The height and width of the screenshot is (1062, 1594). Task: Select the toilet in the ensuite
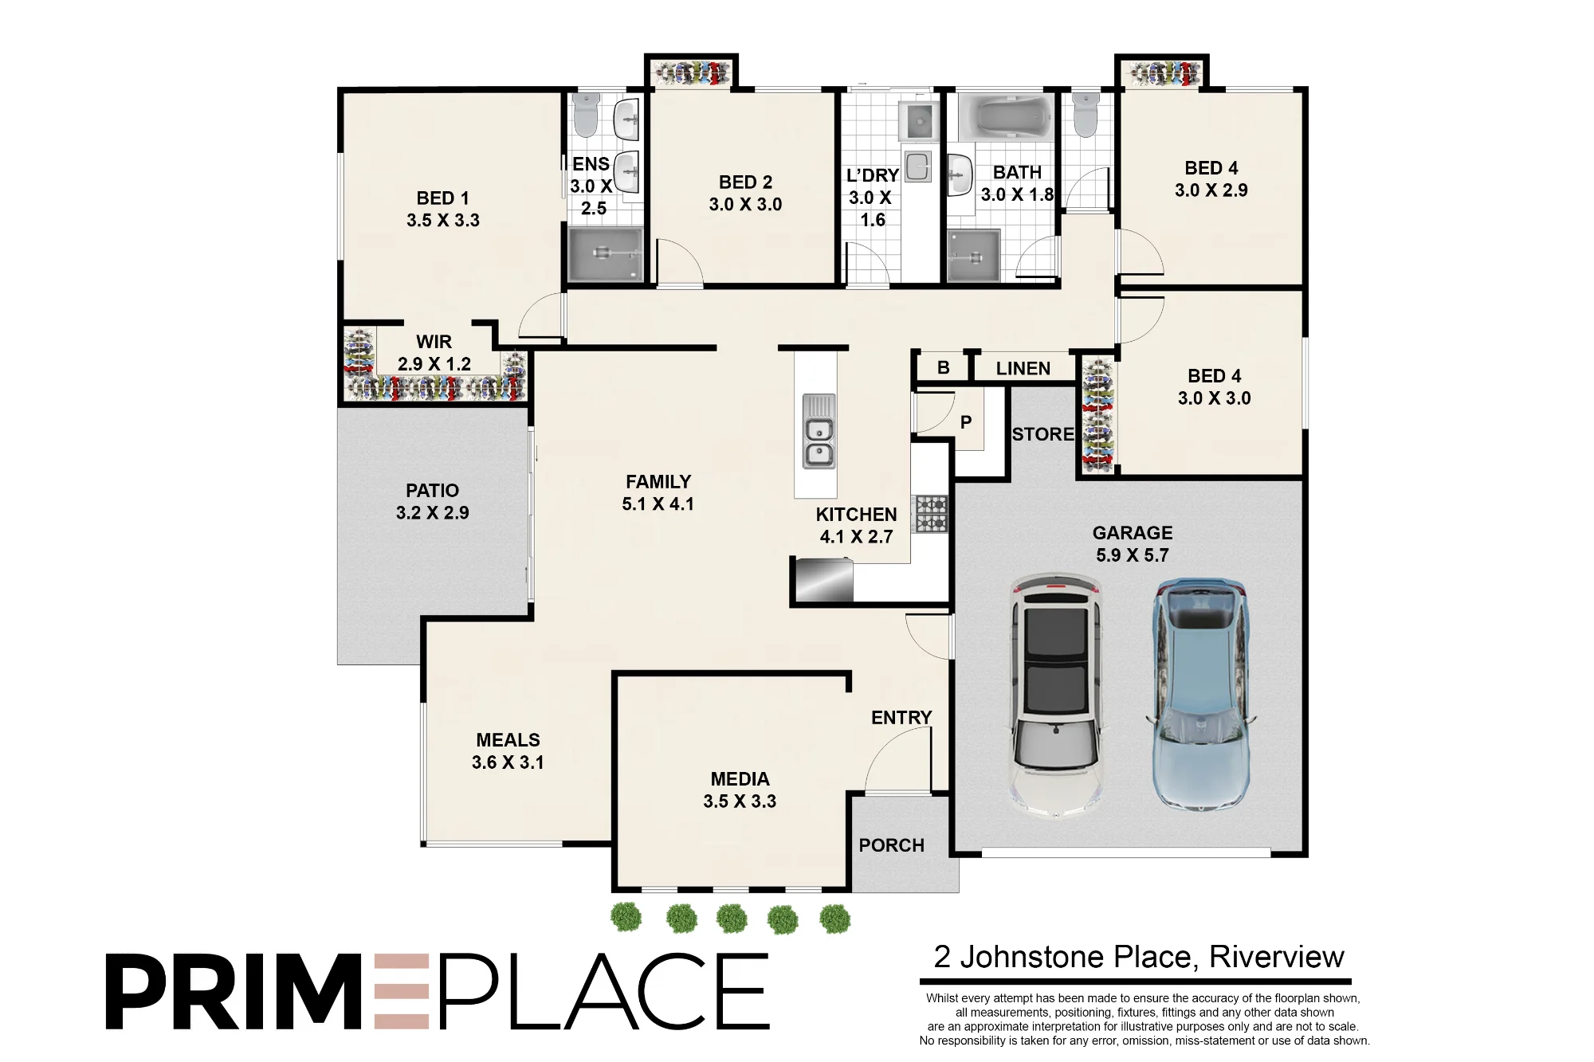(586, 115)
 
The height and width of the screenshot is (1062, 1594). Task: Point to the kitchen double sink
(819, 431)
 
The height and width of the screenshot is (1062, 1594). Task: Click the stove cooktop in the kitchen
(931, 514)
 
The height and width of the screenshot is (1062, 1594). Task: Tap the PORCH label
(891, 845)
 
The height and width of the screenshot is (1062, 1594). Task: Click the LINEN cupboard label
(1023, 369)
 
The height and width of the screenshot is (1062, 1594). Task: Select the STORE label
(1042, 434)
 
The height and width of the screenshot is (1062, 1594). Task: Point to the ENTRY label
(901, 718)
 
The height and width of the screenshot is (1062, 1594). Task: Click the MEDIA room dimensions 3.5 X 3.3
(740, 801)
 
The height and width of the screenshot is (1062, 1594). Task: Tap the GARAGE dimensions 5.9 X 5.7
(1133, 555)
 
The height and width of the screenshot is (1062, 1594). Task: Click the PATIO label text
(433, 491)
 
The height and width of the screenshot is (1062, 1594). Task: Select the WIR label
(434, 342)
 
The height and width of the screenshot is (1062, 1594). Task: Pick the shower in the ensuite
(604, 254)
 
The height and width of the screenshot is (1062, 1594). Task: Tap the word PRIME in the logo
(268, 991)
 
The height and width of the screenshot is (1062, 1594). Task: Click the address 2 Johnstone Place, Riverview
(1138, 957)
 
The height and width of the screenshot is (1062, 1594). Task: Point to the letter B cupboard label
(944, 368)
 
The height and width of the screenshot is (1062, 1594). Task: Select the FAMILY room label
(658, 482)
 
